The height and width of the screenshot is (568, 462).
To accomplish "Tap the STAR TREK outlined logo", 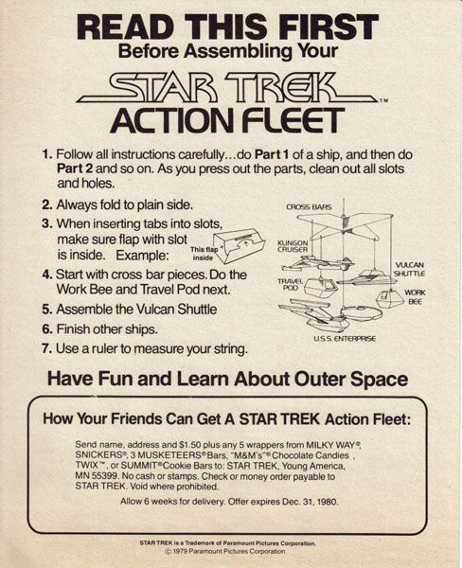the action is (x=226, y=88).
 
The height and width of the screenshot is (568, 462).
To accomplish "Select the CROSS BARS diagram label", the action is (x=309, y=207).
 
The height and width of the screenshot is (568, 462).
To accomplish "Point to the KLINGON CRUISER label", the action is (x=293, y=246).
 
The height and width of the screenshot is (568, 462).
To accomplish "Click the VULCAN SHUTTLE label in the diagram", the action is (x=410, y=269).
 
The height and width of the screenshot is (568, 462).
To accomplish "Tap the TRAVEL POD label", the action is (x=291, y=284).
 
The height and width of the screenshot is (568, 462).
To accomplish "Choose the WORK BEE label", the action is (x=415, y=296).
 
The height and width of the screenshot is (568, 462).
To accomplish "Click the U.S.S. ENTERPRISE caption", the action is (x=345, y=339).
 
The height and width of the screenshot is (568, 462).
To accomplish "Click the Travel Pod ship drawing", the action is (x=320, y=287).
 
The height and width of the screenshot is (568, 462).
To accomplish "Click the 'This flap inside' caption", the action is (x=204, y=253).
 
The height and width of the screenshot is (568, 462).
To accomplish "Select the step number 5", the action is (x=46, y=310).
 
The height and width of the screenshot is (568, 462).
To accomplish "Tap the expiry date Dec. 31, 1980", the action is (x=310, y=502).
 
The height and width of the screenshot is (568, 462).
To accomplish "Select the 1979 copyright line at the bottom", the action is (x=224, y=551).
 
